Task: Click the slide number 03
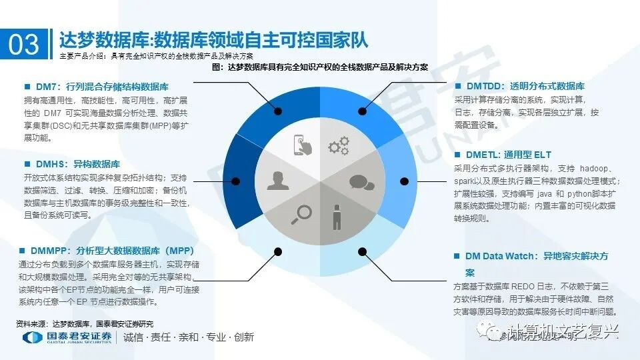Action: pyautogui.click(x=24, y=43)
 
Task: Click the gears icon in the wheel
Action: pyautogui.click(x=339, y=144)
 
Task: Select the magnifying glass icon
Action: pyautogui.click(x=301, y=214)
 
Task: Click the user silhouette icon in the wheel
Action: pyautogui.click(x=279, y=180)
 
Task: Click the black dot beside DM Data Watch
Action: pyautogui.click(x=362, y=252)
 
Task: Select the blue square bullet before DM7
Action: pyautogui.click(x=27, y=87)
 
